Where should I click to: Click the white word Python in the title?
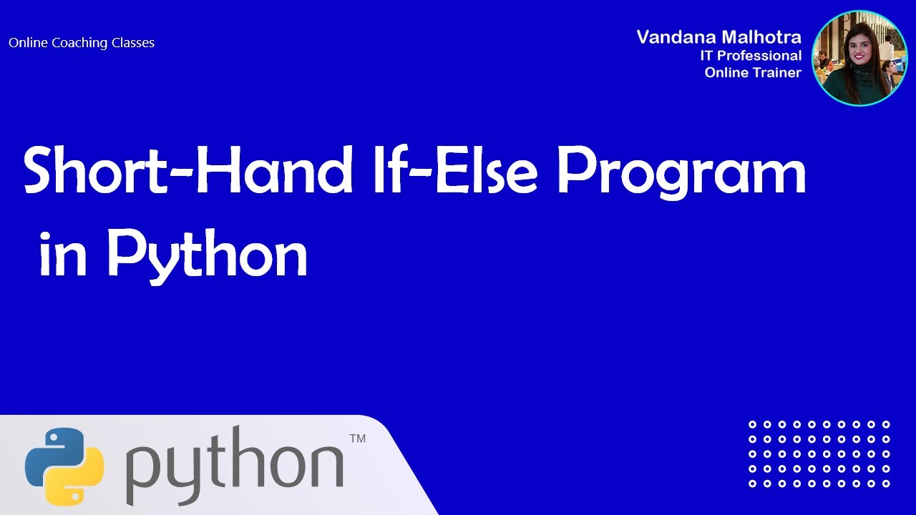tap(208, 254)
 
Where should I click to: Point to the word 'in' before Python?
tap(64, 254)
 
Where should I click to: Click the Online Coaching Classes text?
tap(82, 43)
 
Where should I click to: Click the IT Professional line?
tap(751, 55)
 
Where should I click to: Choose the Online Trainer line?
tap(753, 72)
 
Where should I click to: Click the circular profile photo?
tap(859, 59)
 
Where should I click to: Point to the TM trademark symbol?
tap(357, 438)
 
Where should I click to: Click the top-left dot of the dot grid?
tap(752, 425)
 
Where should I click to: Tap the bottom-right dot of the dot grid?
tap(886, 484)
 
